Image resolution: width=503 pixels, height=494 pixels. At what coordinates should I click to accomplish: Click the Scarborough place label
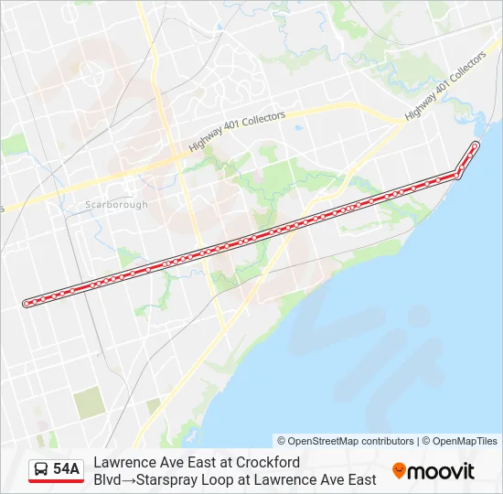click(x=116, y=204)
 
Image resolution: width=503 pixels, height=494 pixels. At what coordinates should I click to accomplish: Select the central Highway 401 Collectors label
click(x=238, y=132)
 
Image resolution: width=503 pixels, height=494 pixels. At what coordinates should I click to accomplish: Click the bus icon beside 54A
click(x=41, y=469)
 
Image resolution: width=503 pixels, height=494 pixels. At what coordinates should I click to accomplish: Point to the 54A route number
click(x=67, y=469)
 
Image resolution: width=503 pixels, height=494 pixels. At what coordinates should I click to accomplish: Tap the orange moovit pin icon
click(x=399, y=471)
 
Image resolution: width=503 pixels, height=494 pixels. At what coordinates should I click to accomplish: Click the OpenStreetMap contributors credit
click(x=350, y=441)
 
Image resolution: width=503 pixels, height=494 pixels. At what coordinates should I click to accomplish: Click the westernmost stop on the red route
click(x=27, y=303)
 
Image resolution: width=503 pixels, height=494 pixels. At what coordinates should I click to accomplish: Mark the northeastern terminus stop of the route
click(x=475, y=145)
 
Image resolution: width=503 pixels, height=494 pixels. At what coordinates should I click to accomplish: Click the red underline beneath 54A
click(x=56, y=481)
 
